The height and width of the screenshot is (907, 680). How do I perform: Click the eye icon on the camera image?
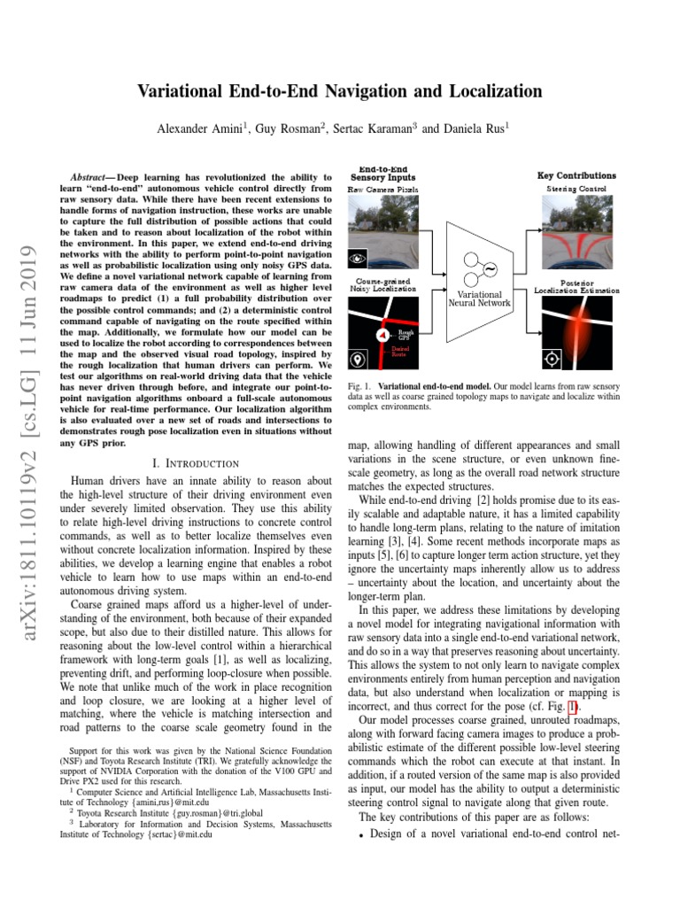[x=358, y=258]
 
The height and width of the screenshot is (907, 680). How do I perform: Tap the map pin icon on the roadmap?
[x=358, y=360]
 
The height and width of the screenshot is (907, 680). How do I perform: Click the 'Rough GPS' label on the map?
[x=405, y=336]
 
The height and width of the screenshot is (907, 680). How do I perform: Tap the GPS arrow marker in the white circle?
[x=383, y=336]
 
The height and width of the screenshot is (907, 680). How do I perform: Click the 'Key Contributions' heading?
[x=576, y=175]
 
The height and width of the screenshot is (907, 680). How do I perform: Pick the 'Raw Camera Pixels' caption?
[x=382, y=190]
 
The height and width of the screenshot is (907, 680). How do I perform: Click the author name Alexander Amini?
[x=200, y=128]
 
